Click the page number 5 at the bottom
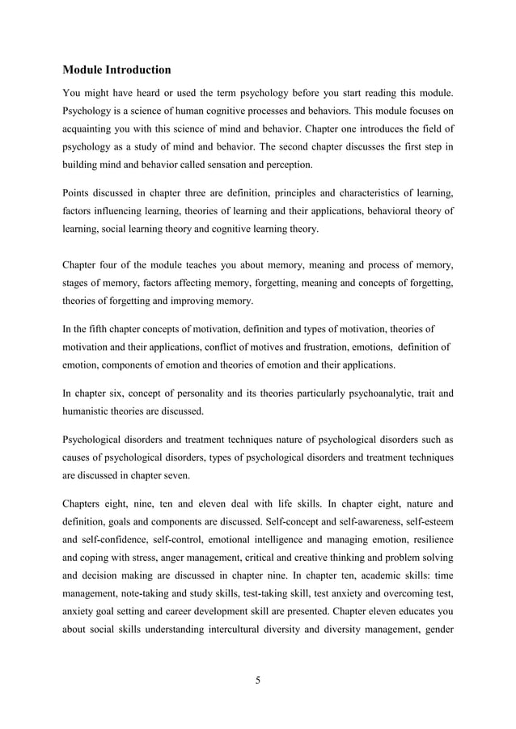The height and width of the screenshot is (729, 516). point(257,679)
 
